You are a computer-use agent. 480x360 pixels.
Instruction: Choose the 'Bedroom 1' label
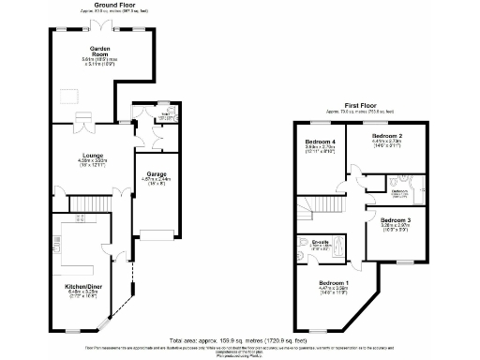[333, 283]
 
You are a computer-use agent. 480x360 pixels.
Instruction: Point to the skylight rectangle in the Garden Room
[69, 95]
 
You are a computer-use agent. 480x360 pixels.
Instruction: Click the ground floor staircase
[93, 203]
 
